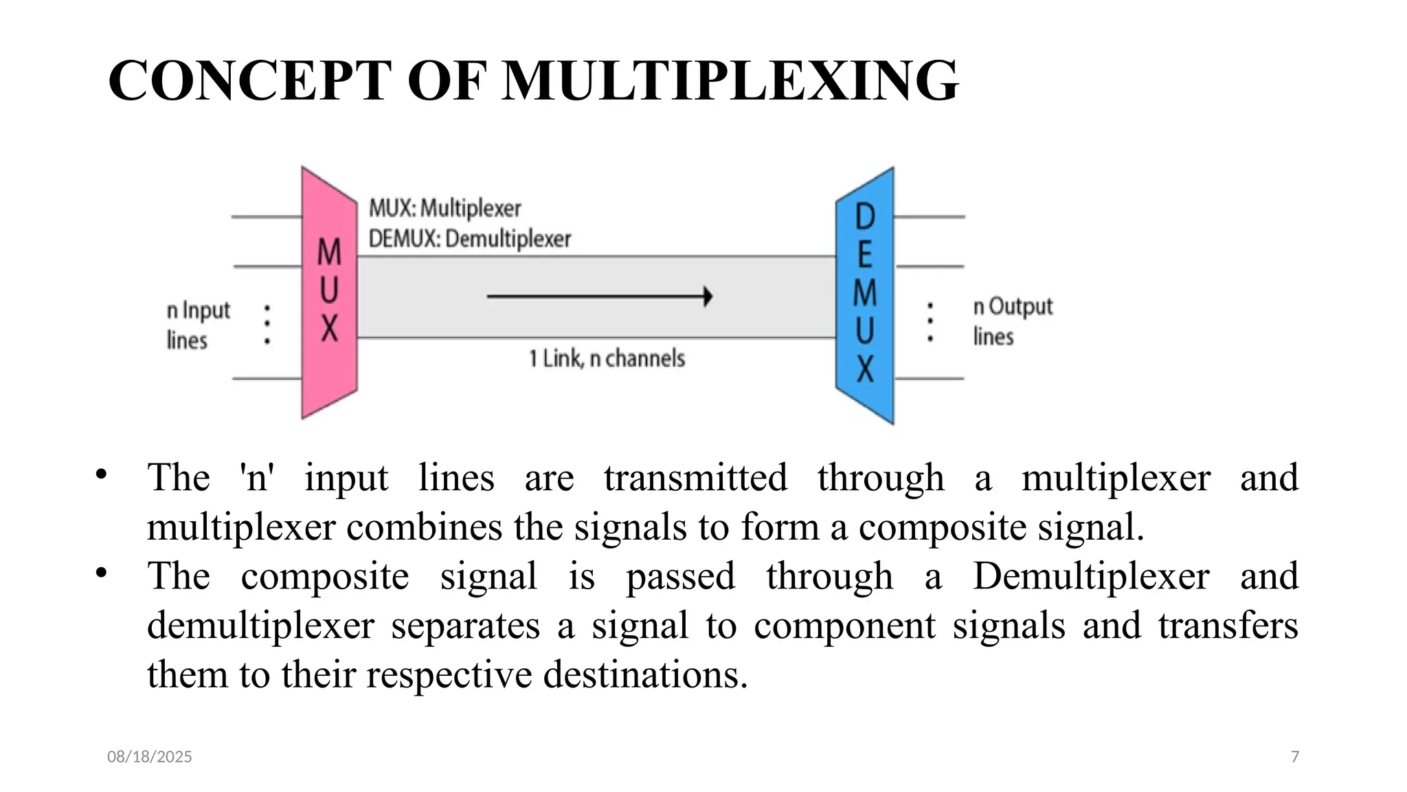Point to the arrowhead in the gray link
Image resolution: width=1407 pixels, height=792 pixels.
pyautogui.click(x=708, y=296)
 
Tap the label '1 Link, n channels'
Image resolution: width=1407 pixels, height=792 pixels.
pyautogui.click(x=607, y=358)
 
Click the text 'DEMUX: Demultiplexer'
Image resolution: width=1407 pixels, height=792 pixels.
pyautogui.click(x=470, y=239)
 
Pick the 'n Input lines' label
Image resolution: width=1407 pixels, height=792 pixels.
pyautogui.click(x=197, y=324)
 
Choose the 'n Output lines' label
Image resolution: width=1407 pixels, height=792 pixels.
pyautogui.click(x=1012, y=321)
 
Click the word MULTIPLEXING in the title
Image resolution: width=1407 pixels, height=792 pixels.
pyautogui.click(x=730, y=81)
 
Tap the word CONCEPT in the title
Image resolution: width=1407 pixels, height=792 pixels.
pyautogui.click(x=250, y=81)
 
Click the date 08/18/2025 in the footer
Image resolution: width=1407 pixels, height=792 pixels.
pyautogui.click(x=150, y=757)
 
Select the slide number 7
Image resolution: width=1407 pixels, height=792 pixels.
pyautogui.click(x=1295, y=757)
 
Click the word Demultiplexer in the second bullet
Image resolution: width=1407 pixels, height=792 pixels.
pyautogui.click(x=1091, y=576)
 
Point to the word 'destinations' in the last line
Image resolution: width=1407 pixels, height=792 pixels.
pyautogui.click(x=644, y=674)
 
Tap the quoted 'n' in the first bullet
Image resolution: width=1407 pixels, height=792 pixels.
pyautogui.click(x=256, y=477)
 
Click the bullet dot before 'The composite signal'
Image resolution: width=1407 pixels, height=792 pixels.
pyautogui.click(x=102, y=573)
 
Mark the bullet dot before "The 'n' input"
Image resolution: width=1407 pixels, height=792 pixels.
pyautogui.click(x=102, y=474)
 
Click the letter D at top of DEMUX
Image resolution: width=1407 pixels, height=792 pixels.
pyautogui.click(x=865, y=217)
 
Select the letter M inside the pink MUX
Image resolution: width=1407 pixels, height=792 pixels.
pyautogui.click(x=329, y=252)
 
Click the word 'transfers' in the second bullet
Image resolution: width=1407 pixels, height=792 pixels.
pyautogui.click(x=1228, y=626)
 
